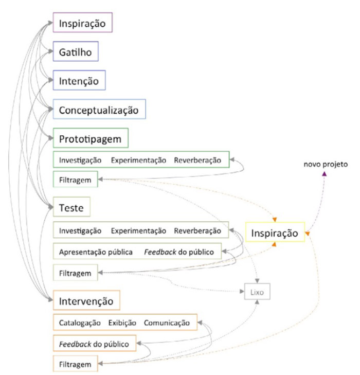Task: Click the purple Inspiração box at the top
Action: click(x=82, y=24)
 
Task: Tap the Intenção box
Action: click(x=79, y=81)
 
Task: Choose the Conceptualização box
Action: click(x=99, y=110)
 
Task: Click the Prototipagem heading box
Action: click(x=91, y=139)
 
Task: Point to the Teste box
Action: click(x=72, y=208)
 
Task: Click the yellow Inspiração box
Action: click(x=275, y=233)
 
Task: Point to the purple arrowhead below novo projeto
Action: click(x=324, y=175)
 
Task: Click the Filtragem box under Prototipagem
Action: click(x=75, y=180)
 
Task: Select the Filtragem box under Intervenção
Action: click(x=75, y=364)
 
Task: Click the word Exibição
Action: click(x=122, y=323)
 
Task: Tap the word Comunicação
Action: click(x=167, y=323)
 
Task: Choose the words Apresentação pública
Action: click(x=96, y=252)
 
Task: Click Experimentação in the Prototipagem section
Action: click(x=139, y=160)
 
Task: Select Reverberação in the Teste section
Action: click(x=197, y=230)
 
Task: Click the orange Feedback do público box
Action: click(x=95, y=343)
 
